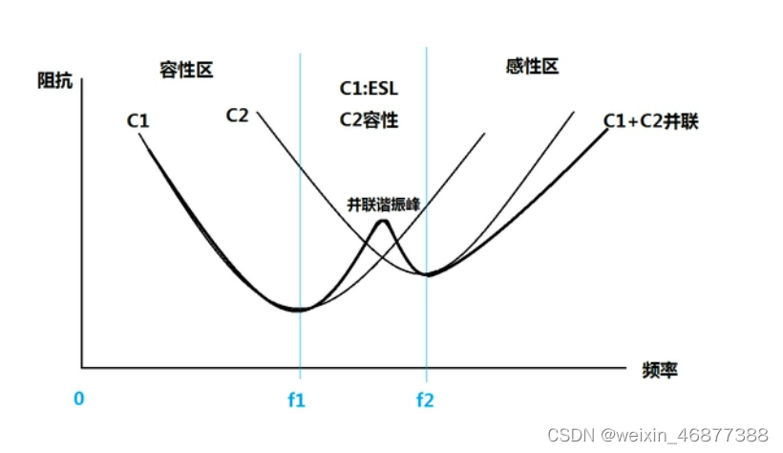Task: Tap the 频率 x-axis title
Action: click(x=659, y=369)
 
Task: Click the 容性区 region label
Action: click(x=186, y=70)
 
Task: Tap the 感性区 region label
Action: click(x=531, y=66)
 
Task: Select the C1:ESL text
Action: click(x=369, y=88)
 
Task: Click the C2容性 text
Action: click(x=369, y=120)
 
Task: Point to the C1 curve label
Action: click(x=138, y=120)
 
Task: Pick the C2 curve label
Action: click(x=238, y=115)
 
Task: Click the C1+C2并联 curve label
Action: click(x=650, y=121)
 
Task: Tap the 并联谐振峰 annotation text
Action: click(x=383, y=205)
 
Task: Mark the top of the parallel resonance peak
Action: click(x=383, y=222)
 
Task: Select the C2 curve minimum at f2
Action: click(x=428, y=275)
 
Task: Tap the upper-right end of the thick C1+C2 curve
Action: click(x=607, y=128)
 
